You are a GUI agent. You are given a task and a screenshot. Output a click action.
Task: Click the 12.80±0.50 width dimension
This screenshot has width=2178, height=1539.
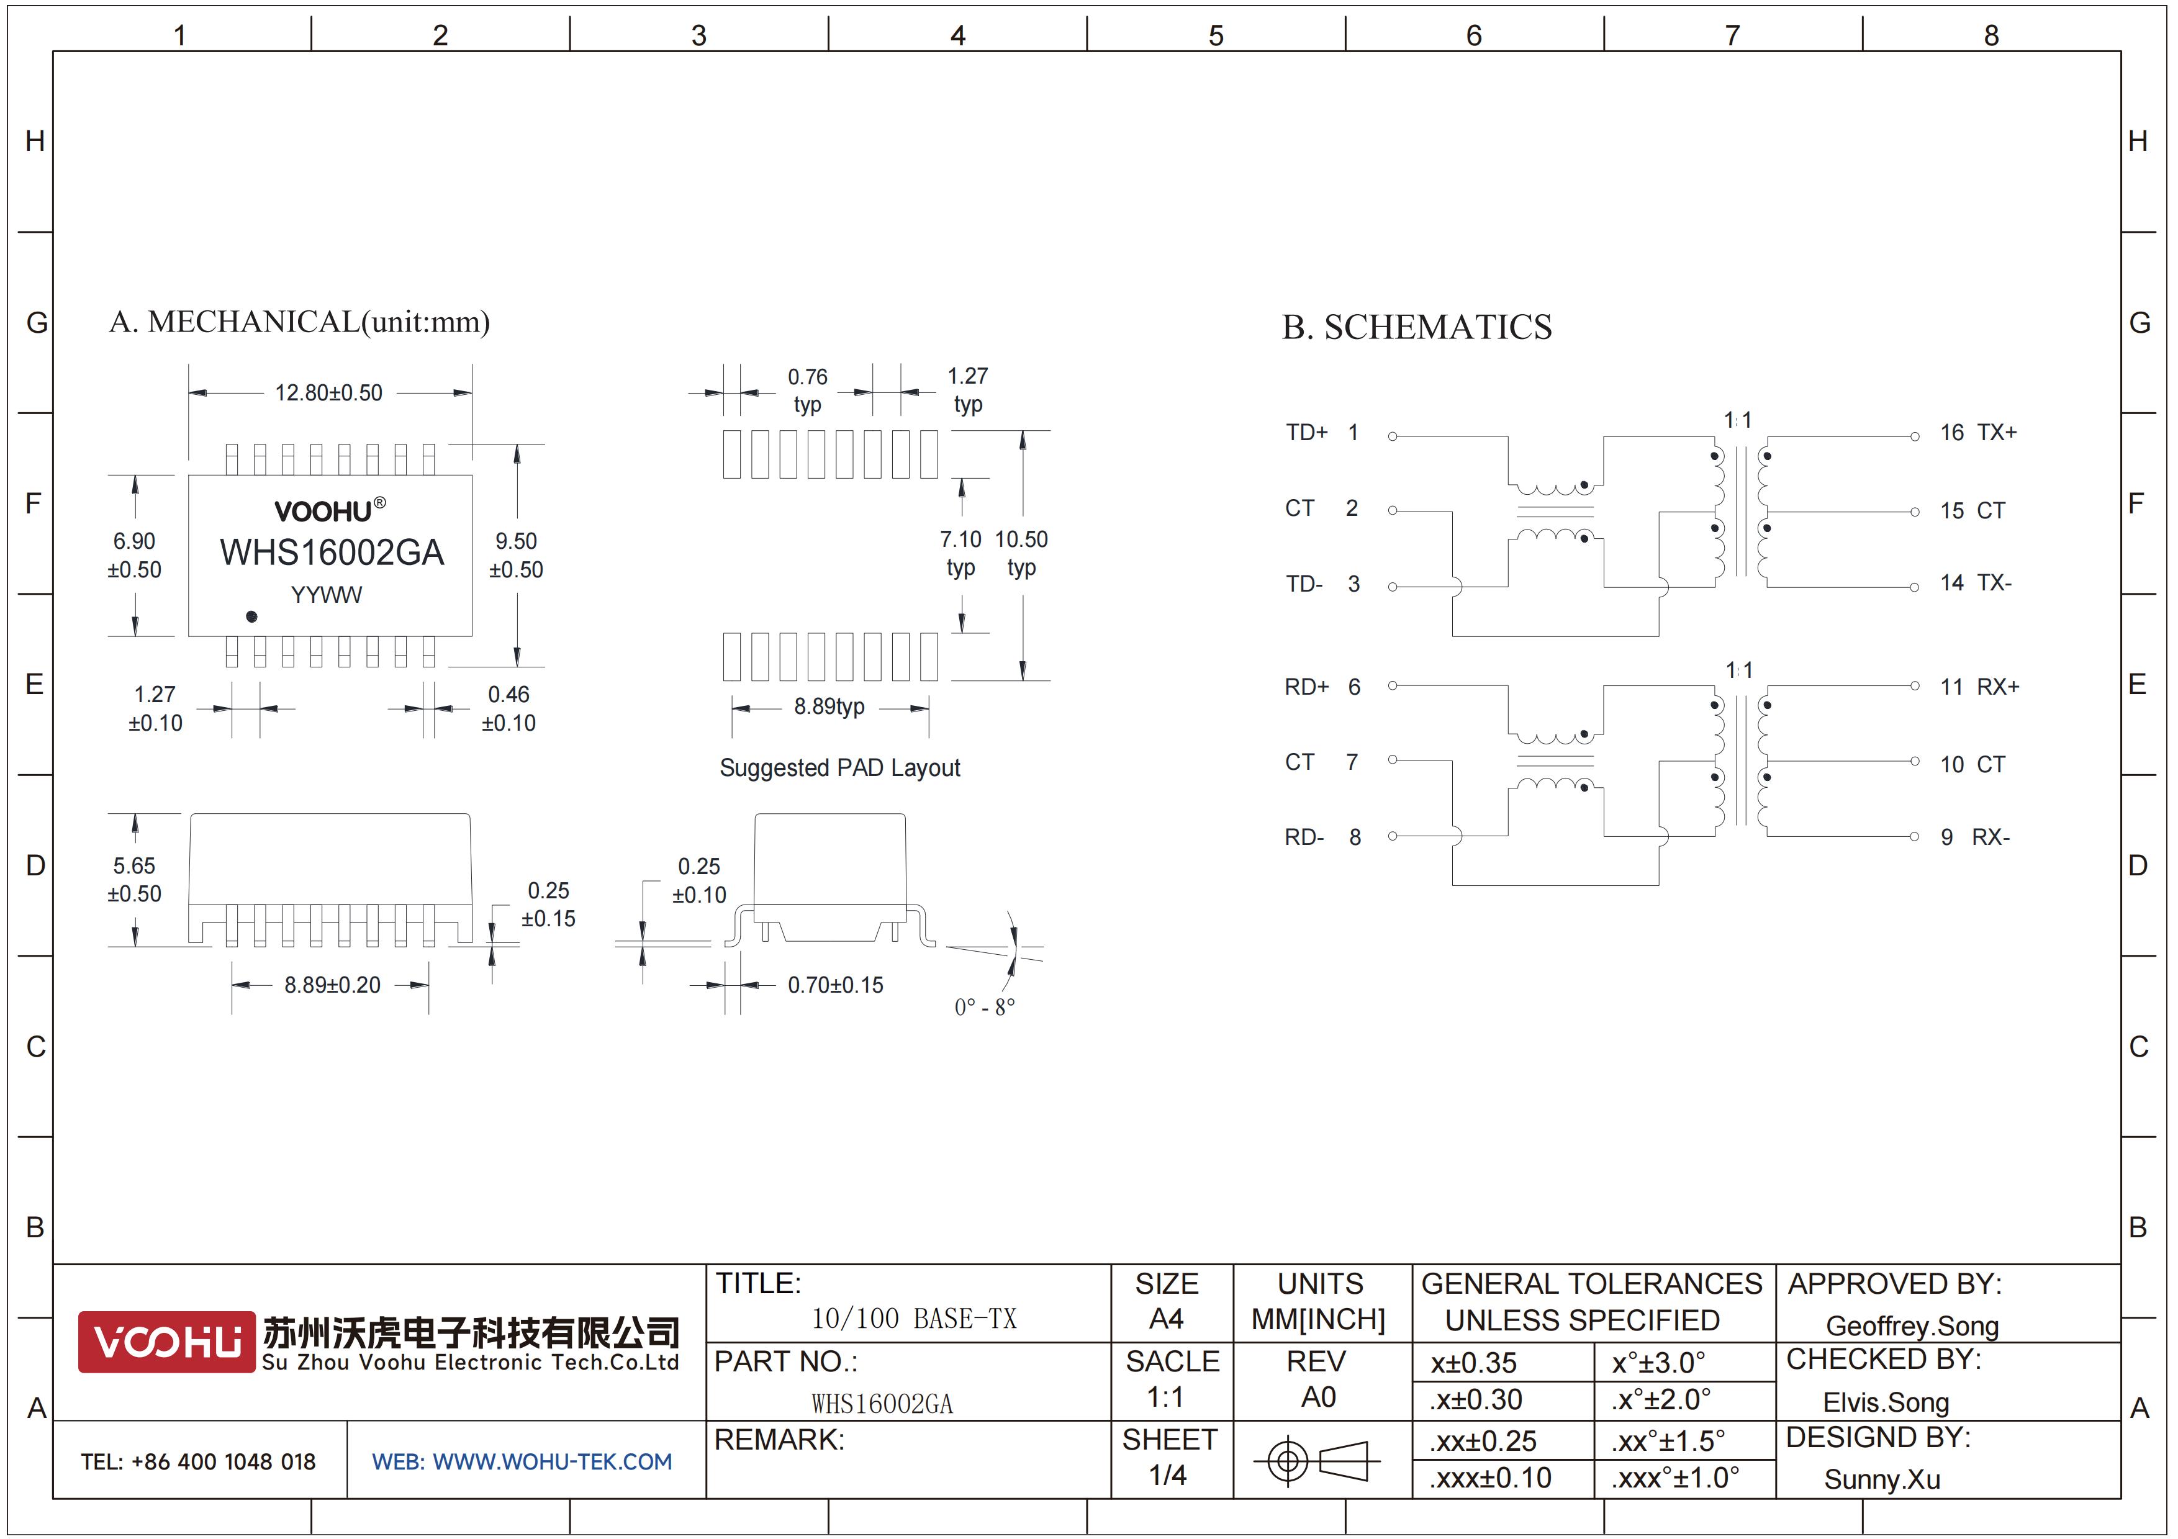coord(328,392)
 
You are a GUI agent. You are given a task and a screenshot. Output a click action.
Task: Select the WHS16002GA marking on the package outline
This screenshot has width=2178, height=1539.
coord(332,552)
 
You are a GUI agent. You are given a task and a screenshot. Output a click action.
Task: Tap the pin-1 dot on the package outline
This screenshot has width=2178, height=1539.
coord(251,616)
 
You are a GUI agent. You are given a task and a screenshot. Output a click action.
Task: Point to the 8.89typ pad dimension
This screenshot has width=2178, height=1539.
coord(829,706)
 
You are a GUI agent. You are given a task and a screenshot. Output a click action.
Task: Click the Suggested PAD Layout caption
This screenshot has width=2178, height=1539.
coord(839,767)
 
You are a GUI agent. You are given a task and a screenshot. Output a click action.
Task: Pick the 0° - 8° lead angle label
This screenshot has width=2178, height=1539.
coord(985,1006)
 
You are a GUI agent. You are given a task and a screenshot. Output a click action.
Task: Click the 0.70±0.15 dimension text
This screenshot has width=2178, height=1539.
coord(835,985)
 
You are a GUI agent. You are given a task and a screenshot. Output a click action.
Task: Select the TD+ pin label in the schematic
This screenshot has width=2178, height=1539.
coord(1306,433)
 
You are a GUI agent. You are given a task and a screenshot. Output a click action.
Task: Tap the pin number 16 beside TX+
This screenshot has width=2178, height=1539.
coord(1951,433)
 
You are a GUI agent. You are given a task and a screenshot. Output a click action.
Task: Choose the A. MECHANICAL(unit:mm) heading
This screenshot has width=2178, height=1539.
coord(300,322)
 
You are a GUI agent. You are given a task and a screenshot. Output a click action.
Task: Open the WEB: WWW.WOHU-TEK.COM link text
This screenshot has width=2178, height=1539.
coord(522,1461)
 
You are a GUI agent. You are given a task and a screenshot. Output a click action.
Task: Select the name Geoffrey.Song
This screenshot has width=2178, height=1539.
coord(1912,1325)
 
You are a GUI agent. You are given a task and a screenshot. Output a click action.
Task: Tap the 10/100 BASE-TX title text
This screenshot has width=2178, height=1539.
coord(913,1318)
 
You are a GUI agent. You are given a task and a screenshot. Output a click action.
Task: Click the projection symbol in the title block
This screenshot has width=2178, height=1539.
coord(1317,1460)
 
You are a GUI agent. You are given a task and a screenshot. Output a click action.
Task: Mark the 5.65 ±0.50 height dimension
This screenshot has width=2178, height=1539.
coord(133,879)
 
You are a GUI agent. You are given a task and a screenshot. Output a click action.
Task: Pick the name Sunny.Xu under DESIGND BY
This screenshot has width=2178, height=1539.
coord(1882,1479)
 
